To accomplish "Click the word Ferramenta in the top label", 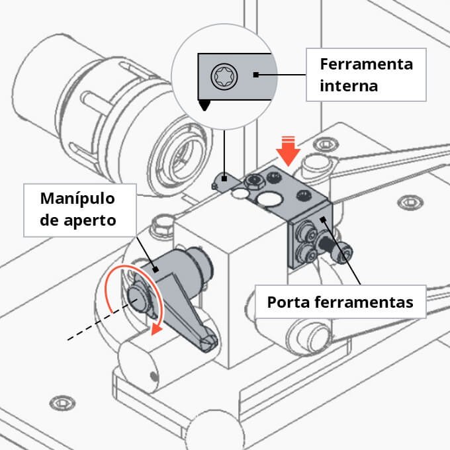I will (366, 65).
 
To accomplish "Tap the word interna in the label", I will (348, 86).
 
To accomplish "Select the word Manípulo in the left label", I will (77, 199).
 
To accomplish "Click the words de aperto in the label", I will (78, 220).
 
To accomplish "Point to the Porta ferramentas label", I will (340, 302).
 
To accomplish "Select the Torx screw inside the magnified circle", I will (220, 76).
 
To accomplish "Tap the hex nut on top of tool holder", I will (251, 180).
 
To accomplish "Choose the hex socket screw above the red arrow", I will (324, 144).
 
